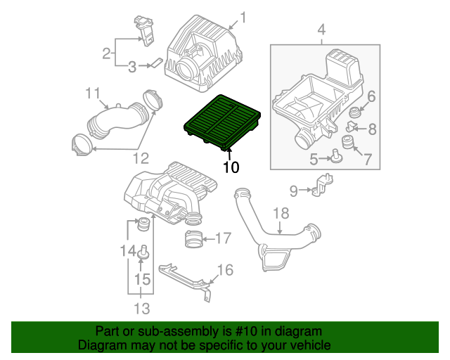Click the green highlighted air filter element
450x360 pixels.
pyautogui.click(x=222, y=123)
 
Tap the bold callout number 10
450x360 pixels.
pyautogui.click(x=231, y=167)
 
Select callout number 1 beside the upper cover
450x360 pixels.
pyautogui.click(x=243, y=18)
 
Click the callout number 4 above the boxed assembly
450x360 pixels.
pyautogui.click(x=321, y=30)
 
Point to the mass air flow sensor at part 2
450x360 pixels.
pyautogui.click(x=145, y=31)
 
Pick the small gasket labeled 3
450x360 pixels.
pyautogui.click(x=157, y=63)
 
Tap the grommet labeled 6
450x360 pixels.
pyautogui.click(x=354, y=112)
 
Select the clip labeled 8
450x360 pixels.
pyautogui.click(x=351, y=127)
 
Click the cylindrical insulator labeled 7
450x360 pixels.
pyautogui.click(x=347, y=142)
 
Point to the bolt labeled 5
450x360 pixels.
pyautogui.click(x=335, y=156)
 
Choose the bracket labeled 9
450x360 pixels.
pyautogui.click(x=323, y=185)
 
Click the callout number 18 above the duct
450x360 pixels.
pyautogui.click(x=281, y=214)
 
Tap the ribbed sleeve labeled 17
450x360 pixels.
pyautogui.click(x=193, y=239)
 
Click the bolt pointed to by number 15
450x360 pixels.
pyautogui.click(x=143, y=252)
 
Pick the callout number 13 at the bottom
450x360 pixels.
pyautogui.click(x=142, y=309)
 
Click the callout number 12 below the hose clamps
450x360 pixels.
pyautogui.click(x=141, y=158)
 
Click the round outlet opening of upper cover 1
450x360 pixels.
pyautogui.click(x=186, y=67)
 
